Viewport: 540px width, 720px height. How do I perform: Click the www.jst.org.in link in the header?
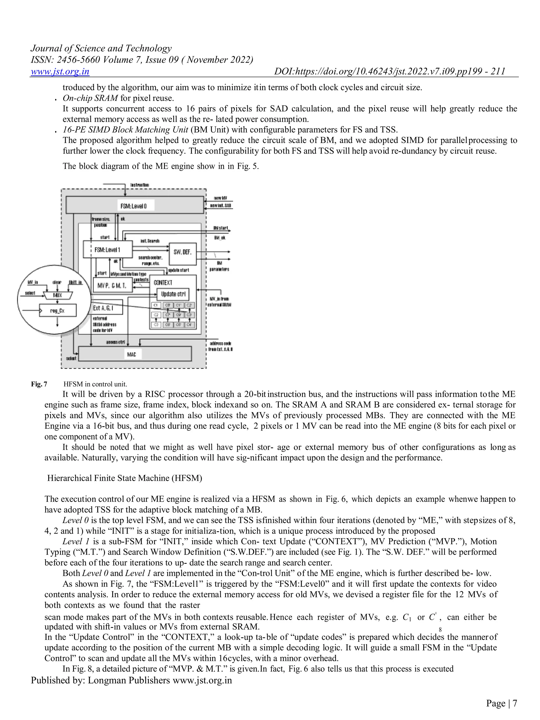pos(60,71)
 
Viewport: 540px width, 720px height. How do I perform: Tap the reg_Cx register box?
pos(58,311)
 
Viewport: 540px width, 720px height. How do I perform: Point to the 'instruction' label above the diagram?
pos(139,185)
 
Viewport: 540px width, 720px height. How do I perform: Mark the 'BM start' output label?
pos(220,228)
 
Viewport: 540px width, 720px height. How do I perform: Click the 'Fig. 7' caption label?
pos(39,384)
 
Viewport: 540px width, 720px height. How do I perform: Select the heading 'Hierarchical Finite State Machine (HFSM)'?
pos(125,478)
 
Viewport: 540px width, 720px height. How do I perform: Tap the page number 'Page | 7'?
pos(501,703)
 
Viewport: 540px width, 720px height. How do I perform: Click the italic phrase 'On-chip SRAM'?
pos(90,98)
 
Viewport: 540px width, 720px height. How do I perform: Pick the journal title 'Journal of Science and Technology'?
pos(101,48)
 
